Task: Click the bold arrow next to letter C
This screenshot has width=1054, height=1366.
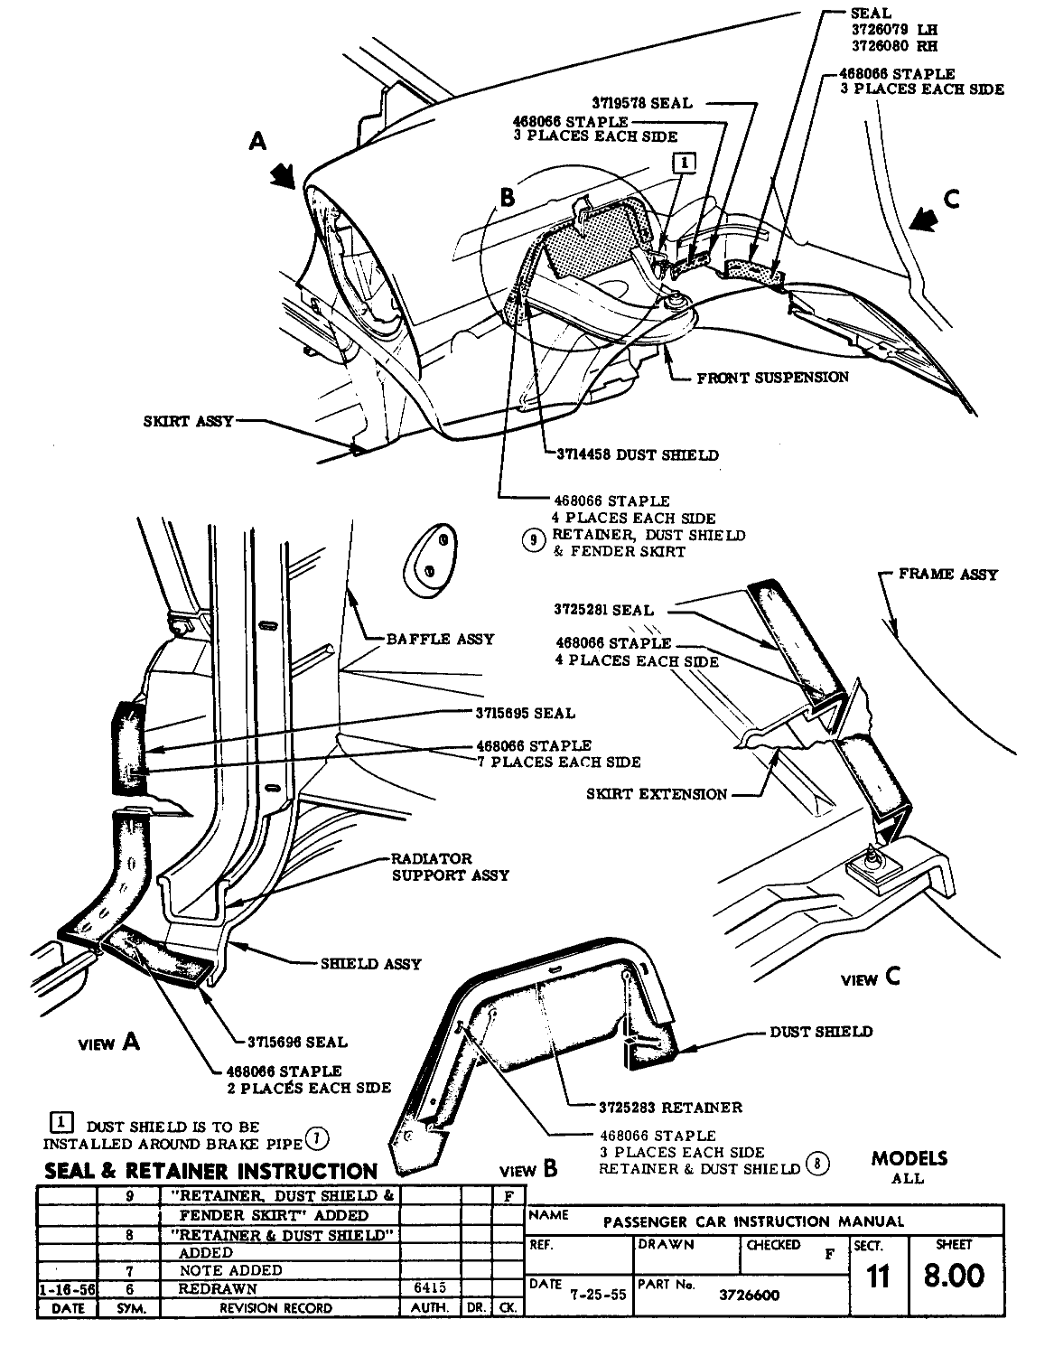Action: pos(924,219)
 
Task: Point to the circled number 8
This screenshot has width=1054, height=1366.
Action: pos(816,1163)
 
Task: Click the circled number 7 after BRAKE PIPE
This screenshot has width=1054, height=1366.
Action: pos(317,1137)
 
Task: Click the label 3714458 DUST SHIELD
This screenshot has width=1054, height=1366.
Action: pos(638,455)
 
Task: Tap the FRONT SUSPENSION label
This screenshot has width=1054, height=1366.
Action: pos(772,377)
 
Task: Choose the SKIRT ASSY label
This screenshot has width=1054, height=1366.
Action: pos(188,421)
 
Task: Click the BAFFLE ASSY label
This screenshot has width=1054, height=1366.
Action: pos(440,639)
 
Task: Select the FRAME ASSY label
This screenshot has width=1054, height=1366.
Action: pos(948,574)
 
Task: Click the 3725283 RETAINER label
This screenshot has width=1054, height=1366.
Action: pos(670,1107)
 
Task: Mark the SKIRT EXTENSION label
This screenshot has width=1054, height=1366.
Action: pos(657,794)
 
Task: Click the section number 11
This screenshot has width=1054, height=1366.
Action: pos(876,1277)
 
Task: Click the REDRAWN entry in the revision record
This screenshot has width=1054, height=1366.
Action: pos(218,1289)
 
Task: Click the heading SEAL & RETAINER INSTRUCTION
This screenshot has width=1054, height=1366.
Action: pos(210,1172)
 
